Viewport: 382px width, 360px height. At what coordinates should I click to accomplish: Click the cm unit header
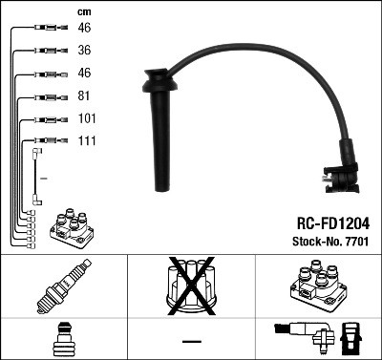coord(83,11)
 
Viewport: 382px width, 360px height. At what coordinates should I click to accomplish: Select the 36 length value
coord(84,51)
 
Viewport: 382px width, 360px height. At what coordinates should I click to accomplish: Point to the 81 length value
coord(84,96)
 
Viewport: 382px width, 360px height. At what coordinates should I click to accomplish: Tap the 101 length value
coord(87,119)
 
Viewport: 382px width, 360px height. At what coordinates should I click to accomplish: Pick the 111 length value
coord(86,141)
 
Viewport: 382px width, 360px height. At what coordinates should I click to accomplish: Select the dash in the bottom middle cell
coord(191,341)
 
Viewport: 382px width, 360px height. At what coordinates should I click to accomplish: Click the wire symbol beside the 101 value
coord(48,120)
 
